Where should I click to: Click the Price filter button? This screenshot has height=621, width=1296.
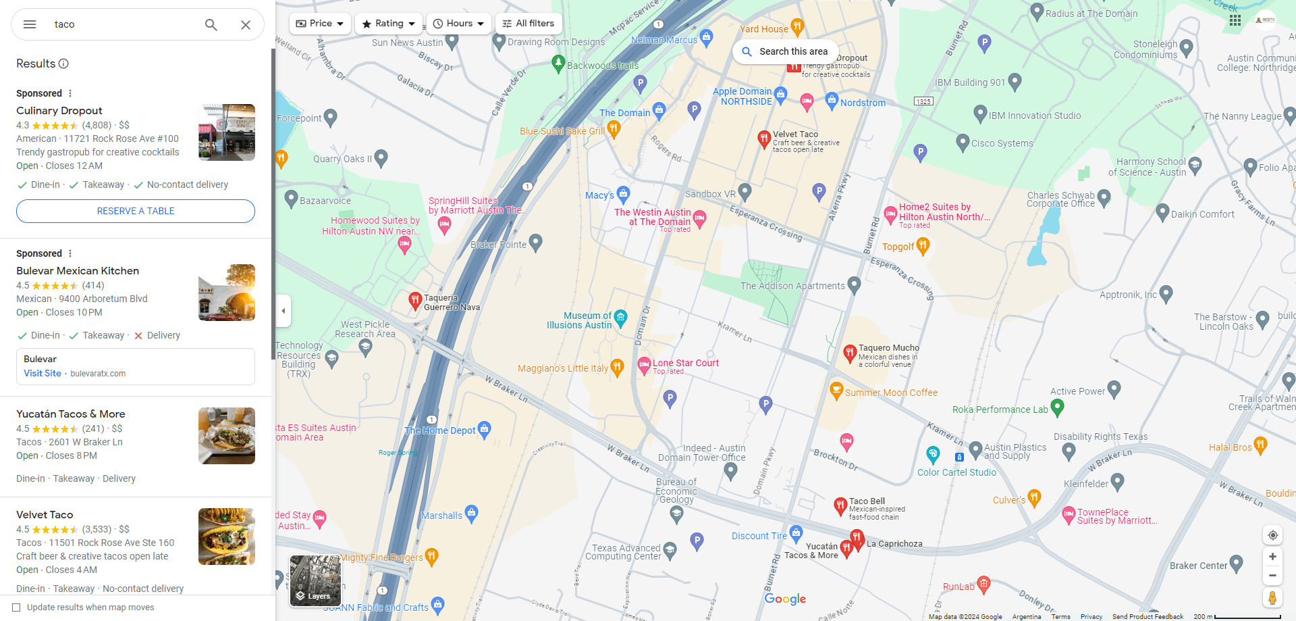click(x=320, y=24)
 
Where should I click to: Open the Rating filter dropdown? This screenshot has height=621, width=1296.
click(x=389, y=24)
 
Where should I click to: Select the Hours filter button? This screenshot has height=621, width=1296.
click(x=459, y=24)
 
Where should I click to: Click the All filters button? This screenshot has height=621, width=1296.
click(x=529, y=24)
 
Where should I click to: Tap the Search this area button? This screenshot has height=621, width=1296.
click(x=785, y=51)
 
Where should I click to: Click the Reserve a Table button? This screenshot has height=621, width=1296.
click(x=136, y=211)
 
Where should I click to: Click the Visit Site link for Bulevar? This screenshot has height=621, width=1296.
click(x=43, y=373)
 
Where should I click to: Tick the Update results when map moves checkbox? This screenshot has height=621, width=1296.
click(x=17, y=607)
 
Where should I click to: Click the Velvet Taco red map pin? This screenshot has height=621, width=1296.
click(x=763, y=139)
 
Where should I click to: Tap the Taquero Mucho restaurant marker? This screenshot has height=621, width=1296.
click(x=850, y=352)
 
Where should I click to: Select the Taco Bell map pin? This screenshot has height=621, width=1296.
click(x=840, y=505)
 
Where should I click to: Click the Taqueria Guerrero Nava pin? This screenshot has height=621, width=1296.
click(x=415, y=300)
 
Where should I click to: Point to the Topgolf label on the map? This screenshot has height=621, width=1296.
click(x=898, y=247)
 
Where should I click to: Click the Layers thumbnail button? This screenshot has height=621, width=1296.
click(x=315, y=580)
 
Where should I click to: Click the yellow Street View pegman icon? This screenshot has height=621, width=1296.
click(x=1272, y=597)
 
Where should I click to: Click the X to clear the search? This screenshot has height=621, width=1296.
click(x=246, y=25)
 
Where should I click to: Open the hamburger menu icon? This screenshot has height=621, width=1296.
click(x=30, y=24)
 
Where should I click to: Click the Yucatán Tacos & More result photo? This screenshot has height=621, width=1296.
click(x=227, y=436)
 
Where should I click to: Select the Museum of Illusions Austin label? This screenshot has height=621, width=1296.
click(x=579, y=320)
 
